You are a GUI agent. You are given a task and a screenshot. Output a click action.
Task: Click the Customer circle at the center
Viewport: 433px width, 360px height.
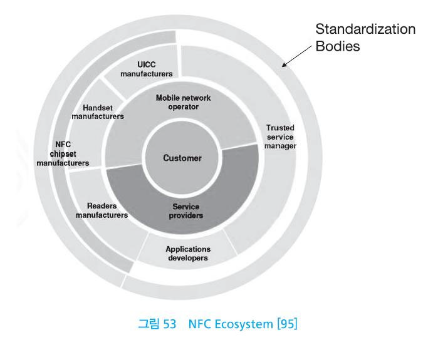(x=182, y=158)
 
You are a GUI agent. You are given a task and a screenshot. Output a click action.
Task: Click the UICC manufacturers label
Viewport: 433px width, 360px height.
(x=146, y=69)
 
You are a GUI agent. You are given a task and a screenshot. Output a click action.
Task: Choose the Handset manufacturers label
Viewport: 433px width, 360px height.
(x=98, y=111)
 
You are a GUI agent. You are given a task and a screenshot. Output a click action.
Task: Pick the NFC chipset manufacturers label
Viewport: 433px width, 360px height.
(x=63, y=153)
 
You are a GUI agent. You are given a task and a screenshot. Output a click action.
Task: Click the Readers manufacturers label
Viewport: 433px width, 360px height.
(x=102, y=210)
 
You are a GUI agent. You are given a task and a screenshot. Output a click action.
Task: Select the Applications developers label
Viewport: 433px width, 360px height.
(x=187, y=253)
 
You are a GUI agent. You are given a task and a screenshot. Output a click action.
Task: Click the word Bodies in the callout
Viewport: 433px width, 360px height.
(x=338, y=47)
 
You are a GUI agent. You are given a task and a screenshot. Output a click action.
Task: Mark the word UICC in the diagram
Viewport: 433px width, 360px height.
(x=146, y=64)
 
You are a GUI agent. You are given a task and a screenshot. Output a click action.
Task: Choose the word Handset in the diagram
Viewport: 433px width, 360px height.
(x=98, y=107)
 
